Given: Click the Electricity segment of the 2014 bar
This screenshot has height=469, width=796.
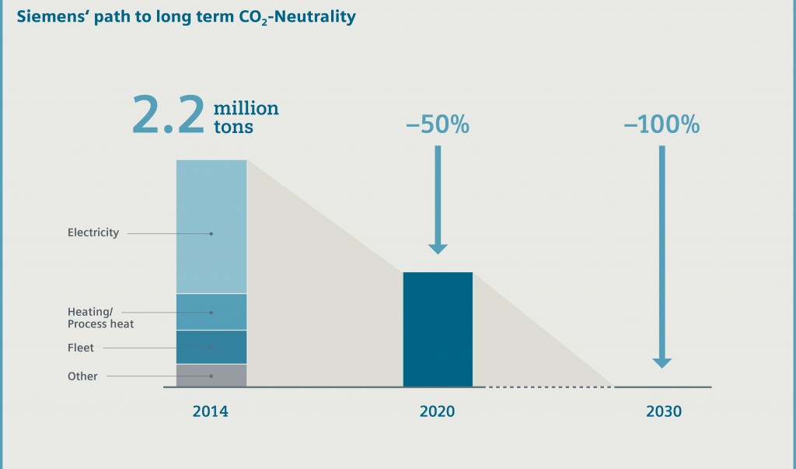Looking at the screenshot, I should tap(211, 226).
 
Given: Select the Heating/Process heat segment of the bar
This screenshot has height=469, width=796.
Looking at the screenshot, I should tap(211, 312).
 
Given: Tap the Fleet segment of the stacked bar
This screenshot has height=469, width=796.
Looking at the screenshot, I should tap(211, 347).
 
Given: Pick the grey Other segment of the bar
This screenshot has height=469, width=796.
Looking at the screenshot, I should tap(211, 376).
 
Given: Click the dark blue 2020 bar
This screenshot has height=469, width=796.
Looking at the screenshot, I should tap(438, 329).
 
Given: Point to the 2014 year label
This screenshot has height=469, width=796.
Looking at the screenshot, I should tap(211, 411).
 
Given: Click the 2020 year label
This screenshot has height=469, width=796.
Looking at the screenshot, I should tap(438, 411).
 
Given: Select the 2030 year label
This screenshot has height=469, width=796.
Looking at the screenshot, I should tap(663, 411).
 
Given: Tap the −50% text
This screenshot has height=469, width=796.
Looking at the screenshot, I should tap(438, 124).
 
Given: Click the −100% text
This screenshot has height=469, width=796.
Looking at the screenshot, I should tap(662, 124).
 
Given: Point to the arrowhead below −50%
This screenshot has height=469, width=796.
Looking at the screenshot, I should tap(438, 248).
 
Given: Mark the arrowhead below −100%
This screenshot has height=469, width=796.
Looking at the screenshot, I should tap(662, 361).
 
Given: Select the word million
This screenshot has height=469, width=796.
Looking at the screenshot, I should tap(246, 107).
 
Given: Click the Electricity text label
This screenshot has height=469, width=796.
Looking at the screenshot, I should tap(93, 233).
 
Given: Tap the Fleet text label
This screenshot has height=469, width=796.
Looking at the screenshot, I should tap(81, 348).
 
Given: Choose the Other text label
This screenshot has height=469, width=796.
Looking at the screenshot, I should tap(82, 376).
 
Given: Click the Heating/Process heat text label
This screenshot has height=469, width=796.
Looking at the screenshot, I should tap(100, 317).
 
